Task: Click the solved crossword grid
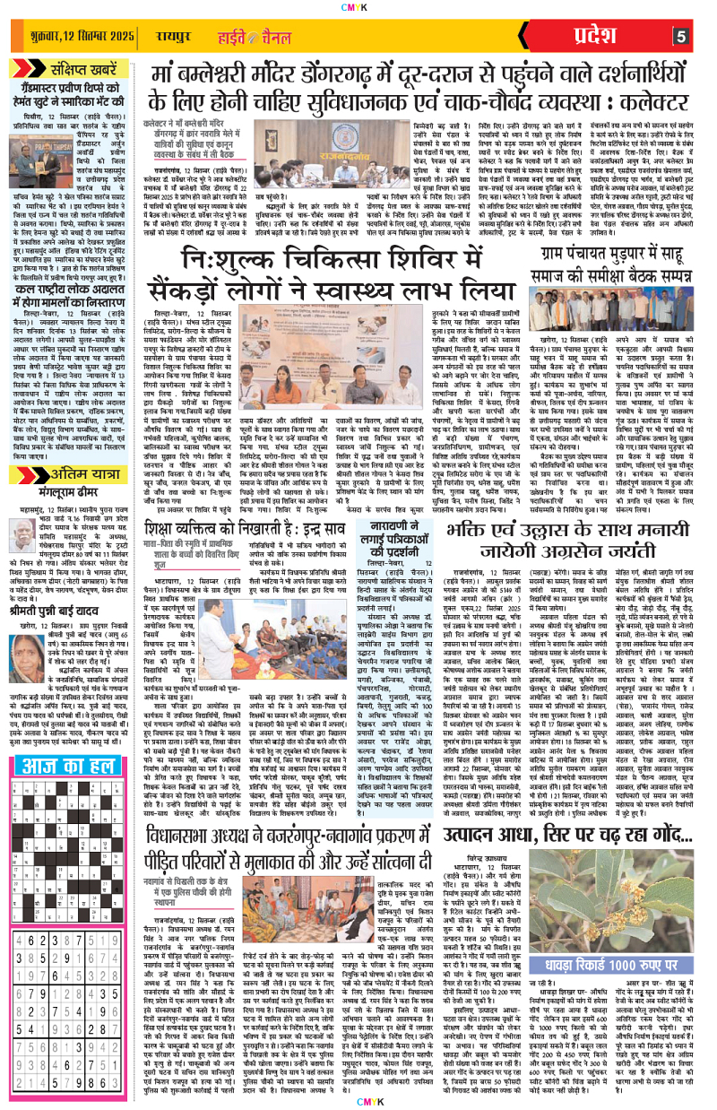pos(62,780)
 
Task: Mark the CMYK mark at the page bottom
pos(358,1102)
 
